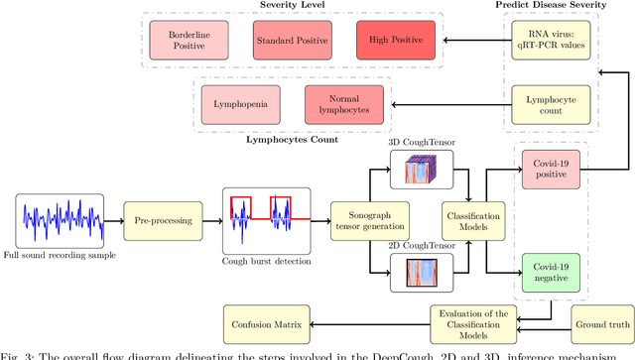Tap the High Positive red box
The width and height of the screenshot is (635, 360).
tap(395, 41)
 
